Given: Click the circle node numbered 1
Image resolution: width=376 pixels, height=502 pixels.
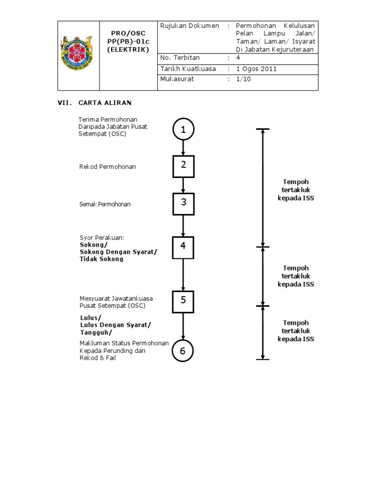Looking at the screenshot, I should [x=183, y=129].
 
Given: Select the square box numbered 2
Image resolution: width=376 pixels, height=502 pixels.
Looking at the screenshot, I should [x=183, y=166].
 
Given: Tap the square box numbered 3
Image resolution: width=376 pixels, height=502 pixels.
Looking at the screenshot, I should [x=183, y=203].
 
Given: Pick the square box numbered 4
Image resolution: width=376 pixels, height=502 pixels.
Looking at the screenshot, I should [x=183, y=247].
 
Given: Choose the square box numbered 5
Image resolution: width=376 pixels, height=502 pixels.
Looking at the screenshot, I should [x=183, y=301].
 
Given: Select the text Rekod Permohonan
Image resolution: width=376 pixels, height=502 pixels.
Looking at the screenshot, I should [x=108, y=167].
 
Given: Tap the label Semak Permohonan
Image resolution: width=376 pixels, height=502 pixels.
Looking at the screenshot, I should [x=105, y=204].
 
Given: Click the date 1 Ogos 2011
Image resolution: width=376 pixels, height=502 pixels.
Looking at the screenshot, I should [x=256, y=69].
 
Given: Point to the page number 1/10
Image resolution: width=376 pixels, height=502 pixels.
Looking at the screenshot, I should [x=243, y=79].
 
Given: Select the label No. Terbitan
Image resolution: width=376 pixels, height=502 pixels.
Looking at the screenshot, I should [x=180, y=58].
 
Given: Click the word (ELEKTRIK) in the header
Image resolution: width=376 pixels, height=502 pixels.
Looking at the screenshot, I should [x=128, y=50].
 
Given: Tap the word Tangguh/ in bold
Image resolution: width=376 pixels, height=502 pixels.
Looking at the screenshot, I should [x=96, y=332].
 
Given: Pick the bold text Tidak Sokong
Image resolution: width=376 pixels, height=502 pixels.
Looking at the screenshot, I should [x=101, y=259].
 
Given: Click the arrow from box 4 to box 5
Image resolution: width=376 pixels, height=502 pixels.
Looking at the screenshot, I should [x=183, y=275].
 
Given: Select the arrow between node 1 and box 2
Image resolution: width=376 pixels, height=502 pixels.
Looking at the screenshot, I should [x=183, y=148].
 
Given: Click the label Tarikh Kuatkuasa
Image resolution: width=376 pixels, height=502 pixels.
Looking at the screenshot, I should [x=188, y=69].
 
